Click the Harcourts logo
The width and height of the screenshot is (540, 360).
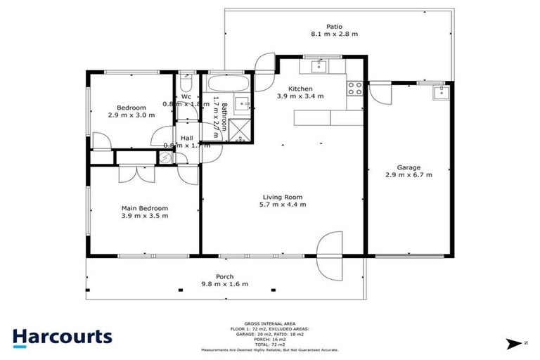62,336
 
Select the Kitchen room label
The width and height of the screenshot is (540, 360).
300,89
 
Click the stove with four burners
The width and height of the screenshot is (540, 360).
354,89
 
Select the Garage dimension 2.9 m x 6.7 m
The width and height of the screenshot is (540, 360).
409,174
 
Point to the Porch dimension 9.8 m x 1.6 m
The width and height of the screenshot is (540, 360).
224,284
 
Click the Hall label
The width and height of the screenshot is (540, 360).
187,138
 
